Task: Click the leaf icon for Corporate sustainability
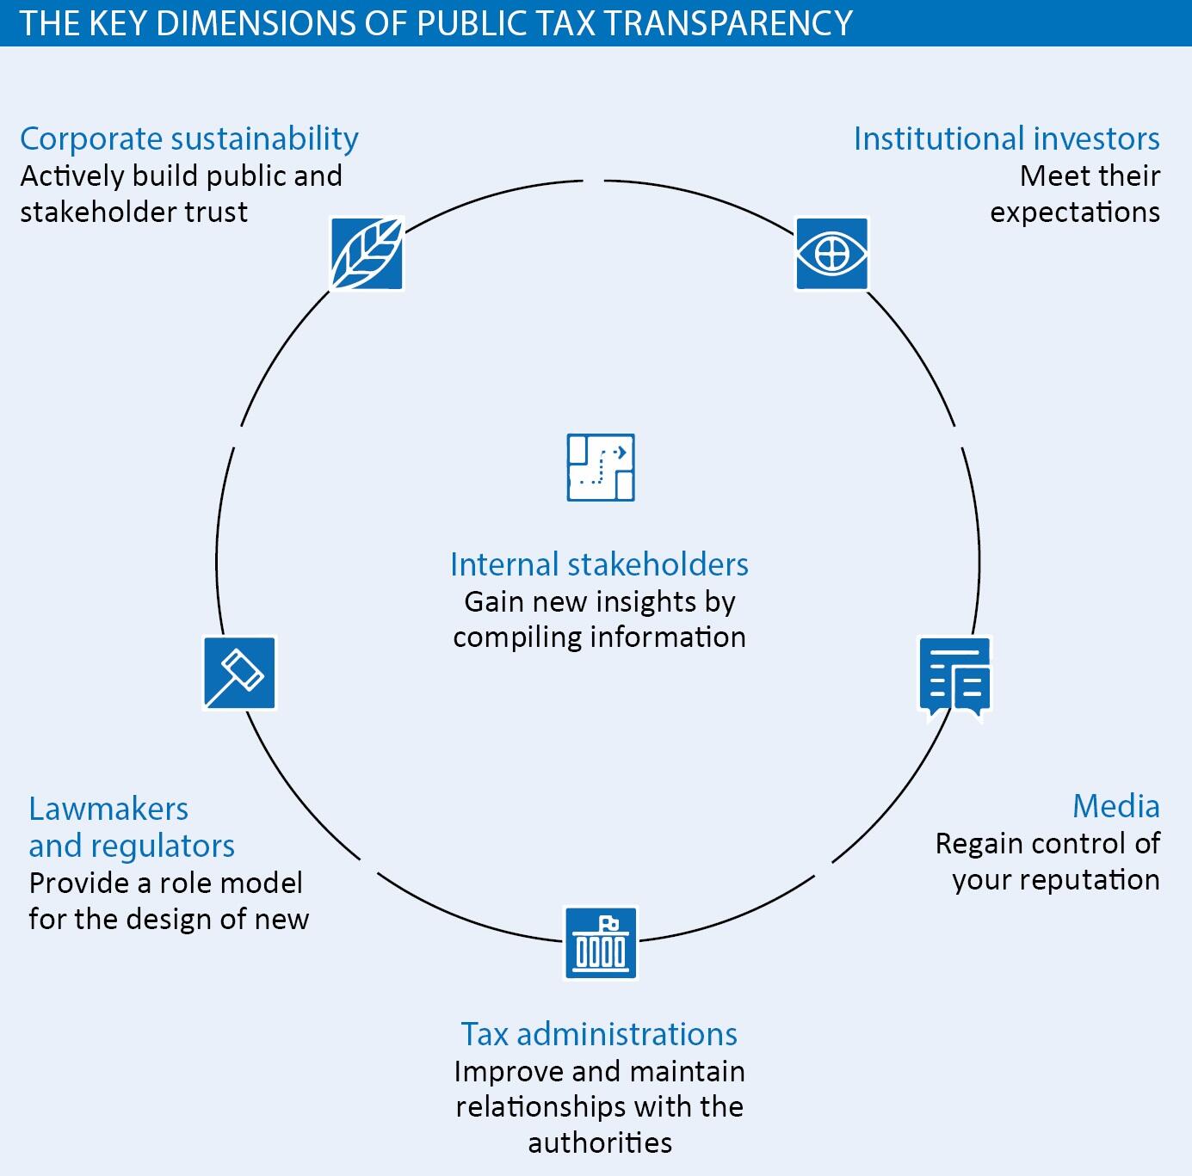[x=367, y=254]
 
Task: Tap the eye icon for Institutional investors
[x=831, y=254]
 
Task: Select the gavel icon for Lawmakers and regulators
[x=240, y=673]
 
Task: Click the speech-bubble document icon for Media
[x=955, y=677]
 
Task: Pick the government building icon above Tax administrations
[x=601, y=943]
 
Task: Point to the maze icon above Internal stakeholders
[x=601, y=467]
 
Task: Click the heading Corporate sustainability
[x=189, y=139]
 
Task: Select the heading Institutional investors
[x=1006, y=139]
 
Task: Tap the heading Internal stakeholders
[x=599, y=564]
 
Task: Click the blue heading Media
[x=1115, y=807]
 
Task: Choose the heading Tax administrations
[x=599, y=1033]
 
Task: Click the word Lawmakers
[x=108, y=809]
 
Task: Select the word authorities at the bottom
[x=600, y=1142]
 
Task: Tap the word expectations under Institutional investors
[x=1075, y=212]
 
